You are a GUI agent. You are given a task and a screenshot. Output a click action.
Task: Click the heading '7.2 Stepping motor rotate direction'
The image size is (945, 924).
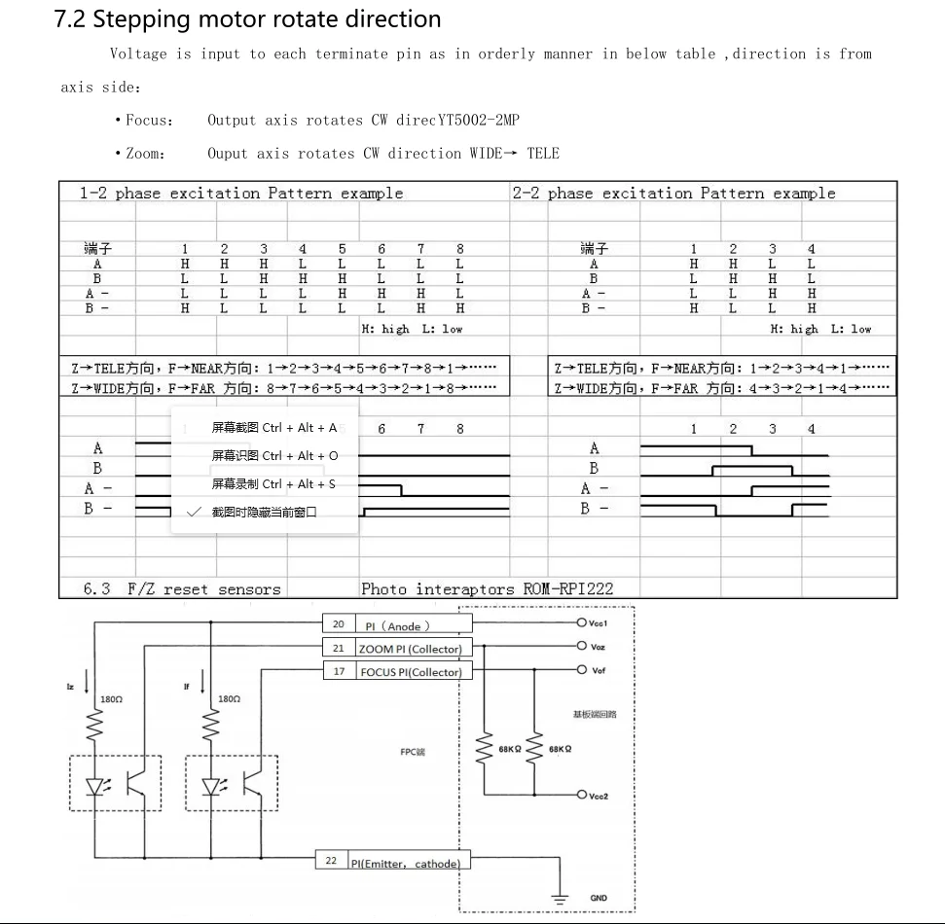tap(247, 19)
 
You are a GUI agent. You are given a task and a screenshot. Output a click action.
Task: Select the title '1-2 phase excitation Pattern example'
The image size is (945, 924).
tap(240, 194)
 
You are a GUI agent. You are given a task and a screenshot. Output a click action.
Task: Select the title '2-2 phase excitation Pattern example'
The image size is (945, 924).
tap(673, 194)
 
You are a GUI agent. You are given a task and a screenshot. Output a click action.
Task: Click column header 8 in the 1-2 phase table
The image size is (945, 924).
tap(460, 250)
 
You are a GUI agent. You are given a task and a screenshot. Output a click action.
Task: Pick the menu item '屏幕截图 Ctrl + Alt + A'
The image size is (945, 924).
tap(274, 428)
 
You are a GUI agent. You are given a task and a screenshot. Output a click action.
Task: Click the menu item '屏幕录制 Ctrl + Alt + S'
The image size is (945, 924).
tap(274, 484)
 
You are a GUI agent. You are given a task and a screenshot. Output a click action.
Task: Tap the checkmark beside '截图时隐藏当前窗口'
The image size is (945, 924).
tap(194, 512)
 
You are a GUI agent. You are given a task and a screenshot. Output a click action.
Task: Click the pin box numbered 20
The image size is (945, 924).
tap(339, 625)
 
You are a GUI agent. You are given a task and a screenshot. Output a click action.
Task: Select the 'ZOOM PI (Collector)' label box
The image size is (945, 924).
tap(410, 649)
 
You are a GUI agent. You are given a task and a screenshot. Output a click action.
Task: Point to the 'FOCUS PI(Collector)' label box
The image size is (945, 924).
tap(410, 672)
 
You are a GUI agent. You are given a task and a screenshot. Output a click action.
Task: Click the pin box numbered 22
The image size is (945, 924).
tap(332, 861)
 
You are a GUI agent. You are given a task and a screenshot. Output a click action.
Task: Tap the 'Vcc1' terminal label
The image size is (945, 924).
tap(599, 623)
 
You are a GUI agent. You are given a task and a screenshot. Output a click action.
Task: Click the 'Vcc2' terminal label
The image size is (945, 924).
tap(599, 796)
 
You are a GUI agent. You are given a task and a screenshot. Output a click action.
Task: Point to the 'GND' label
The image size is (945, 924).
tap(599, 898)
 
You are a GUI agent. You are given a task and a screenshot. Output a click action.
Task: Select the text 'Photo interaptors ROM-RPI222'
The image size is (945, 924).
tap(487, 588)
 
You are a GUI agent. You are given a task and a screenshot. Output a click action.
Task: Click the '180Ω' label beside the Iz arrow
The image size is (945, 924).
tap(112, 699)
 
